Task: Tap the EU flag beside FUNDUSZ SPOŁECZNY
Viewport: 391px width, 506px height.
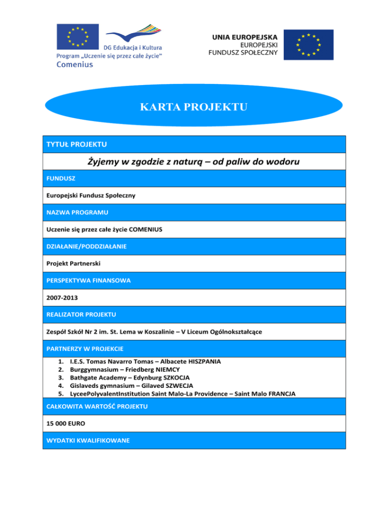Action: point(309,44)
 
